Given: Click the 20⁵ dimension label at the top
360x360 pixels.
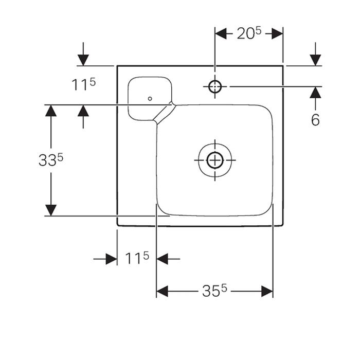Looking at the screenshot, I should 248,33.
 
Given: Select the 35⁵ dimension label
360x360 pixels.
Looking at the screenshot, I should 214,292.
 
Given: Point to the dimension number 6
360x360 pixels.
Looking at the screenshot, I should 315,120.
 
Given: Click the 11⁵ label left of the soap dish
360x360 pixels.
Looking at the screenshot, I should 83,84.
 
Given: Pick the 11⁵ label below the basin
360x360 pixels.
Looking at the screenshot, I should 137,258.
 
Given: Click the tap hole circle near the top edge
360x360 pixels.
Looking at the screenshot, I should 214,86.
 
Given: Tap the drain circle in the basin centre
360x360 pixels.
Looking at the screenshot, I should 214,160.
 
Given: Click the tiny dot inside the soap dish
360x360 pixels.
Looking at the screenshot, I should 150,97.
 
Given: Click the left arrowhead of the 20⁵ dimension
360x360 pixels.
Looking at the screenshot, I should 221,33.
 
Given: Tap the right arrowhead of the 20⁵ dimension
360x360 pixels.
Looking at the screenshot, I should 277,33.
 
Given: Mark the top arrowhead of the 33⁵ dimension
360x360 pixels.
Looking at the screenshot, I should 50,111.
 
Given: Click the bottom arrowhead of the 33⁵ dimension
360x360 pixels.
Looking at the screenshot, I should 50,210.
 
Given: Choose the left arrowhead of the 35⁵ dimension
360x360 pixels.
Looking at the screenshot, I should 163,292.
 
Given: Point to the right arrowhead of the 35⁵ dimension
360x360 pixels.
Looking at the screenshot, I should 267,292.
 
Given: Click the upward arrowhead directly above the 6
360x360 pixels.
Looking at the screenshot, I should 315,93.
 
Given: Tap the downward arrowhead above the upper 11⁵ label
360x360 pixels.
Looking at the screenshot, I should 83,60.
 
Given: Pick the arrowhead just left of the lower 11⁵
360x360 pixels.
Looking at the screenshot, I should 111,259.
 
